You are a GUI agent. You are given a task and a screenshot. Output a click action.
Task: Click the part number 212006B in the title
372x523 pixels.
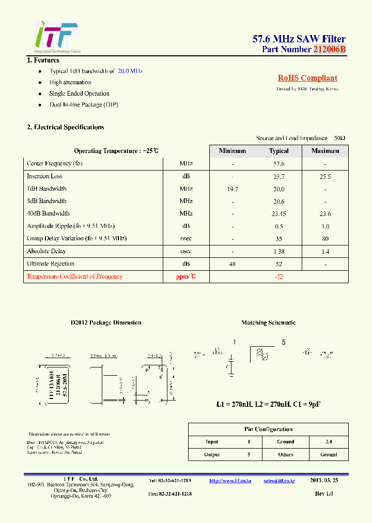pyautogui.click(x=329, y=50)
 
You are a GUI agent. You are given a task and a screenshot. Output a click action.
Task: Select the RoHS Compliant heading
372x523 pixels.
pyautogui.click(x=307, y=78)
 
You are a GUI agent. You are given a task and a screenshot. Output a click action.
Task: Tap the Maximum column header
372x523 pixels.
pyautogui.click(x=325, y=151)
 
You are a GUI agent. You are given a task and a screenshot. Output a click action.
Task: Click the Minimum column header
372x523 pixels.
pyautogui.click(x=233, y=151)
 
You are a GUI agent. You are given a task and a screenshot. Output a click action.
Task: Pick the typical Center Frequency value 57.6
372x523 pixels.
pyautogui.click(x=279, y=164)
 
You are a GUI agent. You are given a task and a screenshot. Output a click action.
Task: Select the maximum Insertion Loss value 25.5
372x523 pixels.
pyautogui.click(x=325, y=176)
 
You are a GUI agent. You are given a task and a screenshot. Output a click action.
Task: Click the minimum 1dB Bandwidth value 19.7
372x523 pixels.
pyautogui.click(x=233, y=189)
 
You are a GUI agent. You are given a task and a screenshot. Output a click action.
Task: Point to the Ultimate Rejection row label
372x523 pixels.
pyautogui.click(x=51, y=264)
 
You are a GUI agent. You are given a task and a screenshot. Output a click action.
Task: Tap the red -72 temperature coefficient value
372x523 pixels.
pyautogui.click(x=279, y=276)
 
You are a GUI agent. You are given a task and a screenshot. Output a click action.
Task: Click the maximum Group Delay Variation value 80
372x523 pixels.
pyautogui.click(x=325, y=239)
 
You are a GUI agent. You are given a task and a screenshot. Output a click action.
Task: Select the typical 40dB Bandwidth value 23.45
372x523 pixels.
pyautogui.click(x=279, y=214)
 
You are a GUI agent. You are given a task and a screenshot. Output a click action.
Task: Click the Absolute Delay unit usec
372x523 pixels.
pyautogui.click(x=186, y=251)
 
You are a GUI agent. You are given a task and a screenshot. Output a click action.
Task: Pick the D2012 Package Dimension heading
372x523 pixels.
pyautogui.click(x=106, y=322)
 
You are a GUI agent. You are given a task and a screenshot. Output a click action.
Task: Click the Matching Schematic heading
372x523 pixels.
pyautogui.click(x=269, y=322)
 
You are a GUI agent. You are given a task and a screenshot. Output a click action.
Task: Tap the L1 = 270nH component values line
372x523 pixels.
pyautogui.click(x=268, y=404)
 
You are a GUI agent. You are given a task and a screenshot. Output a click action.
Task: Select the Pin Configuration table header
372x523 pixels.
pyautogui.click(x=268, y=429)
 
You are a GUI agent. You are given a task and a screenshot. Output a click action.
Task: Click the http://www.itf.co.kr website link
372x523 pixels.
pyautogui.click(x=230, y=481)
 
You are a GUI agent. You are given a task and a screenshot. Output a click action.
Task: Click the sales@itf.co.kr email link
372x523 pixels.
pyautogui.click(x=279, y=481)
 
